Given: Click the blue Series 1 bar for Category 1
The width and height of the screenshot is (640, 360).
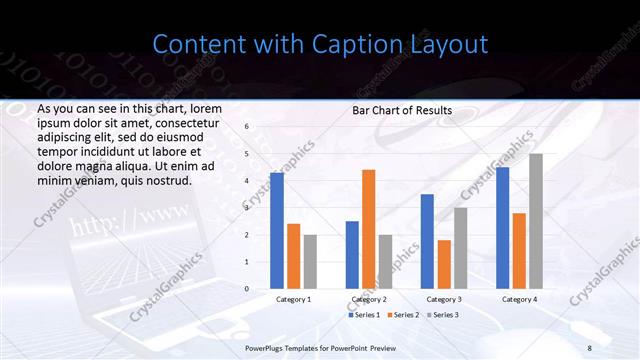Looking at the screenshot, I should tap(277, 231).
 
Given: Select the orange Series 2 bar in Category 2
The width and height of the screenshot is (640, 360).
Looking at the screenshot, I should tap(368, 229).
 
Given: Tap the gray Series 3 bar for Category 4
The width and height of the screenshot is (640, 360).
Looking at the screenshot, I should tap(536, 221).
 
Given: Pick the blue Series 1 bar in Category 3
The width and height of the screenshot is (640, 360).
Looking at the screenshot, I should tap(427, 241).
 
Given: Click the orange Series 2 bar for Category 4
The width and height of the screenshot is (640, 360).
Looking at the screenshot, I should tap(519, 251).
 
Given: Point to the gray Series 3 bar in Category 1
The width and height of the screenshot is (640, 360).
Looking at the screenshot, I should tap(310, 262).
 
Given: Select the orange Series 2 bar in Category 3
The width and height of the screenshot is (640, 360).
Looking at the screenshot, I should tap(444, 264).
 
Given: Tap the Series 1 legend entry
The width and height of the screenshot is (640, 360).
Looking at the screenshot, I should tap(363, 315).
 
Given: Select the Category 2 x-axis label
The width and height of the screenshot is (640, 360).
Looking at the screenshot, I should tap(368, 299).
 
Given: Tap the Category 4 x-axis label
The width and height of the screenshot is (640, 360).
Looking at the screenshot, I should tap(519, 299).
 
